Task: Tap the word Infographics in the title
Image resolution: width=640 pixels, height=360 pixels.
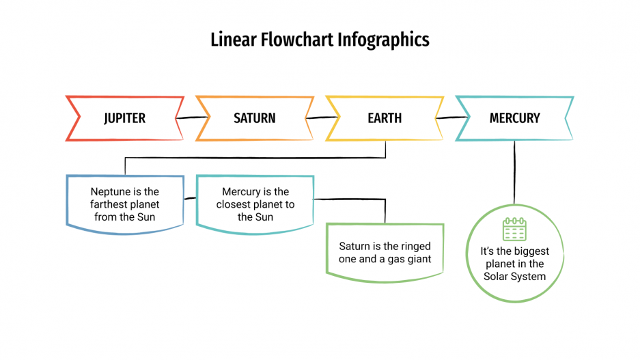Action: click(x=384, y=40)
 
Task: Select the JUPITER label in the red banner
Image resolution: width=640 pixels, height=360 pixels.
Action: click(x=124, y=118)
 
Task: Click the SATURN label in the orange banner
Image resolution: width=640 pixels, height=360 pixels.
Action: click(x=255, y=118)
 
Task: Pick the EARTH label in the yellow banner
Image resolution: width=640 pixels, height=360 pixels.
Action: click(x=385, y=118)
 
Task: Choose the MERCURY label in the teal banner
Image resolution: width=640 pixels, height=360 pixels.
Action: click(x=514, y=118)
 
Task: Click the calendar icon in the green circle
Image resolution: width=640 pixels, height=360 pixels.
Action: click(x=514, y=229)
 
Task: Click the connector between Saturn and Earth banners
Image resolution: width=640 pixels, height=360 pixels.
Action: click(x=320, y=118)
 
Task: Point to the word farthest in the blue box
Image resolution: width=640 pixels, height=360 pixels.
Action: click(x=111, y=205)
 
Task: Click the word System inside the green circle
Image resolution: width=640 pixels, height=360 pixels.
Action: click(x=528, y=277)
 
